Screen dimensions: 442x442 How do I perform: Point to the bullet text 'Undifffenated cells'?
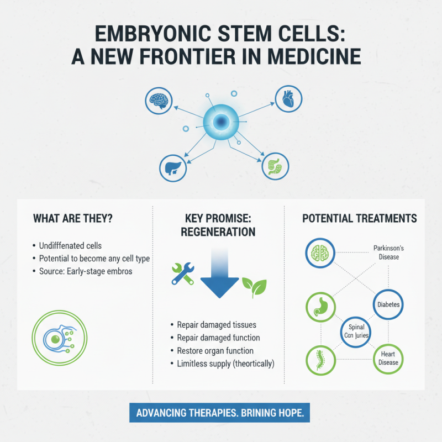tap(70, 245)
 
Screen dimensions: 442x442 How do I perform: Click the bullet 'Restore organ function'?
tap(215, 351)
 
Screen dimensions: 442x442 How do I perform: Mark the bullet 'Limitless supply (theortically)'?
tap(226, 364)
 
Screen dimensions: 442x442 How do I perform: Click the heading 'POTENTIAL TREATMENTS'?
tap(359, 219)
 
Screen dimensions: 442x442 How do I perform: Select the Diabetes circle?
tap(388, 304)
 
